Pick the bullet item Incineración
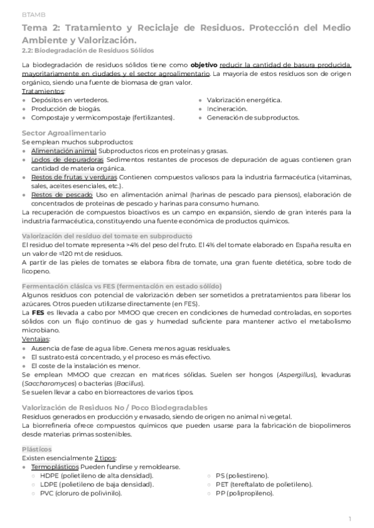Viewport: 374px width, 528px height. coord(227,108)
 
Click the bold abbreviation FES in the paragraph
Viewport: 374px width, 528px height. coord(37,311)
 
